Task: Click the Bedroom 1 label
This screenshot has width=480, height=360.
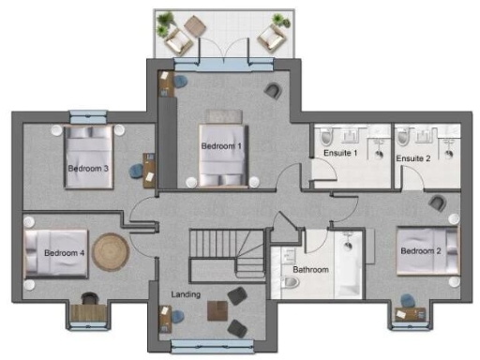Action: (221, 146)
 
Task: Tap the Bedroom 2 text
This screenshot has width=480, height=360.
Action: (419, 251)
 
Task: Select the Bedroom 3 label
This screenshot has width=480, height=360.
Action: (87, 169)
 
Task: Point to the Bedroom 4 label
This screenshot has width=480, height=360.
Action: (65, 252)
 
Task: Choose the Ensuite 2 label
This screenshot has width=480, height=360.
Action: (412, 158)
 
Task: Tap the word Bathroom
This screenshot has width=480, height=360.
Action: (310, 270)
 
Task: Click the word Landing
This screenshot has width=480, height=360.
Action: (186, 295)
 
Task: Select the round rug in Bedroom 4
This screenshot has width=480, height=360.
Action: (112, 250)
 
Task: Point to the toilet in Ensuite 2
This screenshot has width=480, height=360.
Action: (404, 137)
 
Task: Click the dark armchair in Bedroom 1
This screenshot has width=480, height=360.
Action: (272, 90)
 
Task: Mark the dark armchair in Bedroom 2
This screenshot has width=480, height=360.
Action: (437, 202)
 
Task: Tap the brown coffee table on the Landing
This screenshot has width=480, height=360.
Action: (218, 310)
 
